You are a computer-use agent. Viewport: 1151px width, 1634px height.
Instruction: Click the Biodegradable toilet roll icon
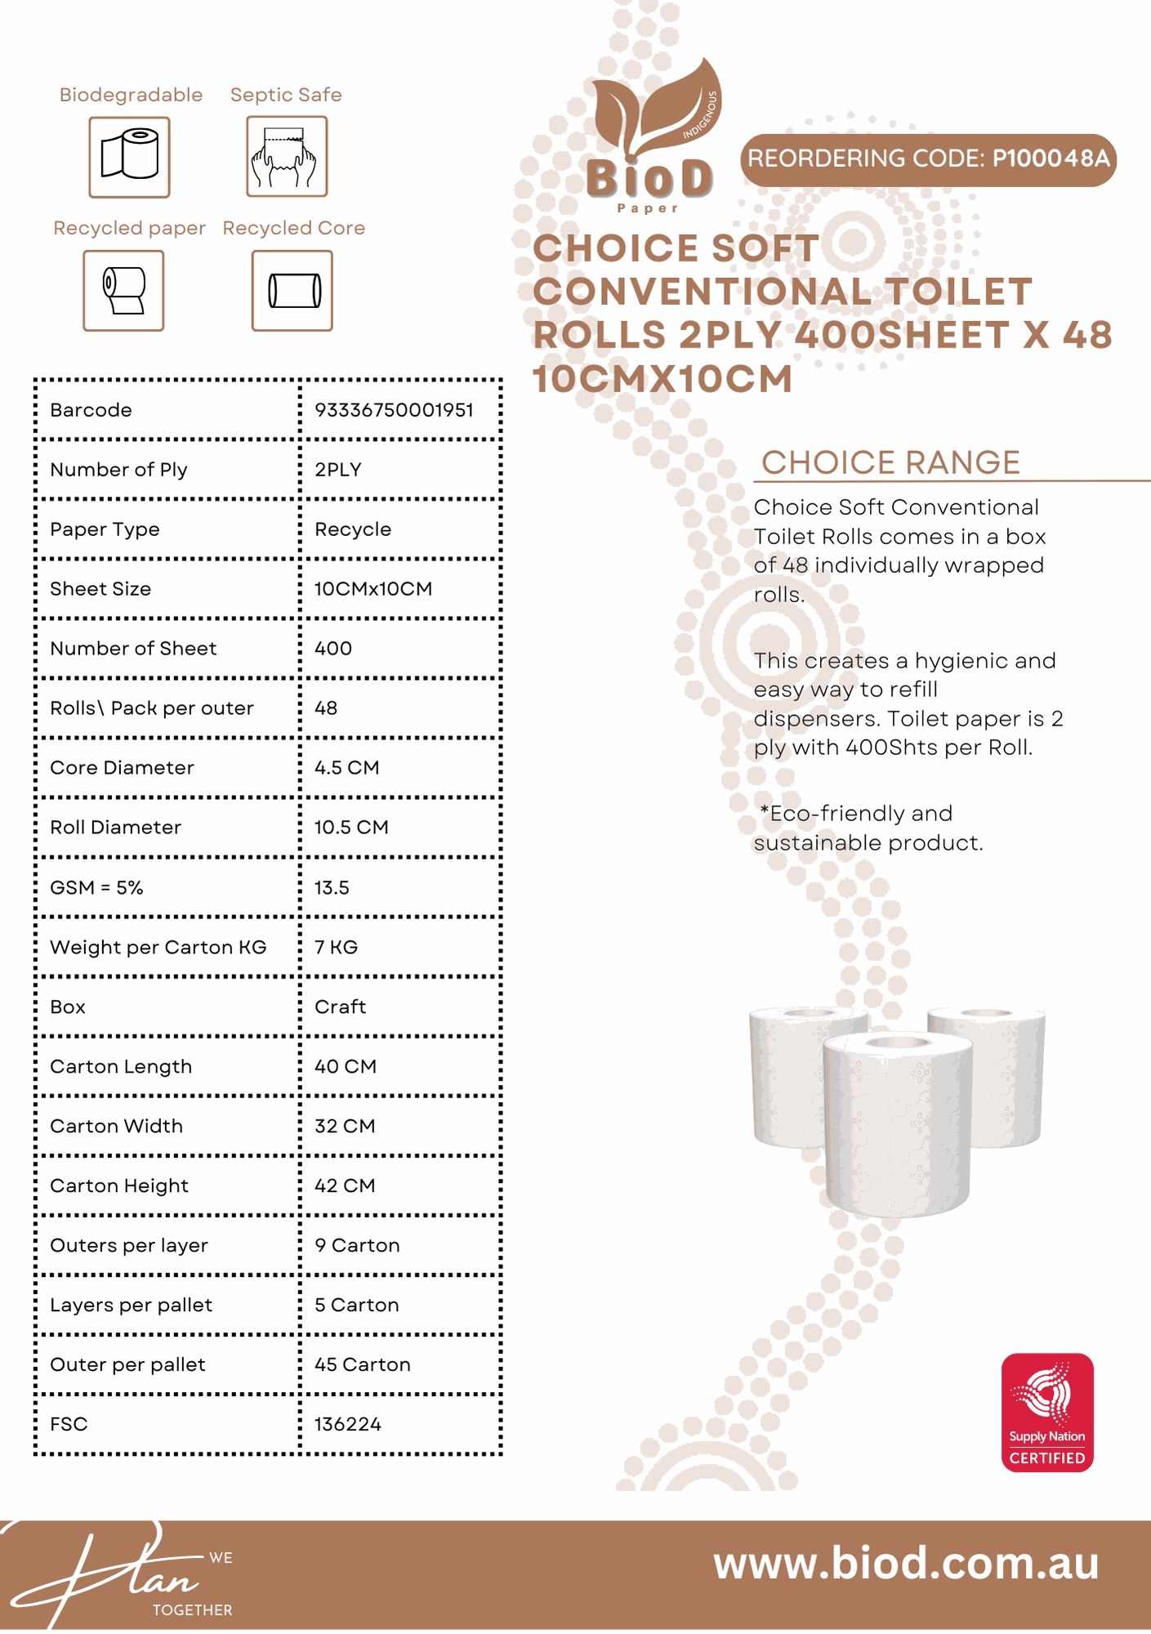[129, 157]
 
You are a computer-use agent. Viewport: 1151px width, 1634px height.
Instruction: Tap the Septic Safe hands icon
[287, 156]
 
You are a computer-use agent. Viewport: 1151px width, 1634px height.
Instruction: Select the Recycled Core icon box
[292, 291]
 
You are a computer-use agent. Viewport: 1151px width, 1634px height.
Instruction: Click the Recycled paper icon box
[123, 291]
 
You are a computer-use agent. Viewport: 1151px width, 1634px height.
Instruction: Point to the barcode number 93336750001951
[394, 410]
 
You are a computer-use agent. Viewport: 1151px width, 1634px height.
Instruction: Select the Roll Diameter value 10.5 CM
[351, 828]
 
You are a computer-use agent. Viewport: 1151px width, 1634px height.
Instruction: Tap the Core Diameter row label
[122, 768]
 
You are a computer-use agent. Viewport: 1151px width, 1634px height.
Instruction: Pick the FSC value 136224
[348, 1425]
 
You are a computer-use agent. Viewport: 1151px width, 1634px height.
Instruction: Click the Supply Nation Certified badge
[1047, 1413]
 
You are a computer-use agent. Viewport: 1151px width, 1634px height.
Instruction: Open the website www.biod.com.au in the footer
[906, 1564]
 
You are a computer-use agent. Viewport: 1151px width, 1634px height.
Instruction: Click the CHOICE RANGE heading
[890, 462]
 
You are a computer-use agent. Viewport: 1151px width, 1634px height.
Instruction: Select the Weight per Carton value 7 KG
[336, 948]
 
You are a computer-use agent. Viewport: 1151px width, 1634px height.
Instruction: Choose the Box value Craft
[340, 1007]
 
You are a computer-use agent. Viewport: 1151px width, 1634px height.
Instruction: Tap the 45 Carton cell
[362, 1365]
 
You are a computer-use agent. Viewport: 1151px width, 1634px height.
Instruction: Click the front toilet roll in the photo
[897, 1123]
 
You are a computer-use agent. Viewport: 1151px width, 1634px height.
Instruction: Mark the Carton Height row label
[119, 1186]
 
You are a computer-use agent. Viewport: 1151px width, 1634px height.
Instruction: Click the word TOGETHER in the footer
[193, 1610]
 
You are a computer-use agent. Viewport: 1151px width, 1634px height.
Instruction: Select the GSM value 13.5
[332, 888]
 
